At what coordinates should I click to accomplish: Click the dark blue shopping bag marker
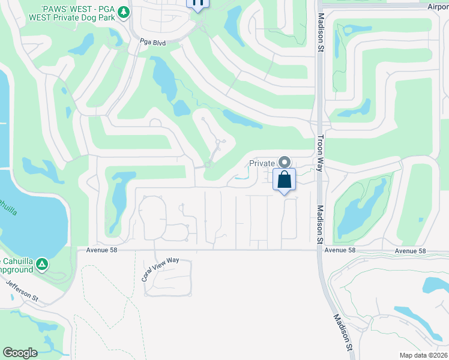[x=285, y=179]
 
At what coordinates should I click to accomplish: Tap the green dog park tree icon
[x=124, y=12]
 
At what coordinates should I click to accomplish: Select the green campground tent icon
[x=41, y=263]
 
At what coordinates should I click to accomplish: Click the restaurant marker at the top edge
[x=198, y=3]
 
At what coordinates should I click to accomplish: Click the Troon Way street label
[x=320, y=152]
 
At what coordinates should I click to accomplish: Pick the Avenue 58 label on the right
[x=410, y=250]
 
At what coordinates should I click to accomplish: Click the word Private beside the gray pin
[x=262, y=163]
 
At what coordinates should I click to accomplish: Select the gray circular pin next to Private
[x=285, y=162]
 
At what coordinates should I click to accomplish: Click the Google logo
[x=20, y=353]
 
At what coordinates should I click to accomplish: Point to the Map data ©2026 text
[x=423, y=355]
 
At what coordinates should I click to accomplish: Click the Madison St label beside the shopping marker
[x=320, y=224]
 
